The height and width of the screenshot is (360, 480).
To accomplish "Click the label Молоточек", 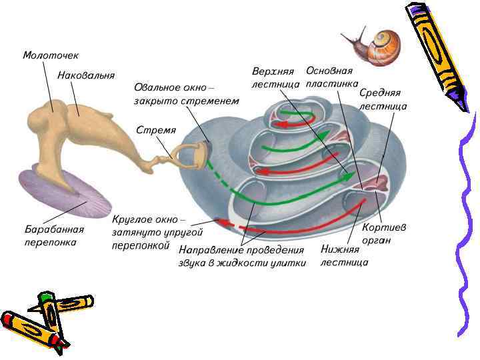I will point(49,55).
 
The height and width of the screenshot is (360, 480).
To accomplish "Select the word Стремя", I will point(155,129).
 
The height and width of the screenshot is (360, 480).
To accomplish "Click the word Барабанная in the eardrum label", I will point(54,230).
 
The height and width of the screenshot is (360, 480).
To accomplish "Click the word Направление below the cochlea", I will point(213,250).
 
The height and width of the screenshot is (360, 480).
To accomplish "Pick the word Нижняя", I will point(340,249).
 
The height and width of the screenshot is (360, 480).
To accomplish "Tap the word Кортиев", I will point(384,227).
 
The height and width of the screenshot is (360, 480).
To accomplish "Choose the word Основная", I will point(329,71).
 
